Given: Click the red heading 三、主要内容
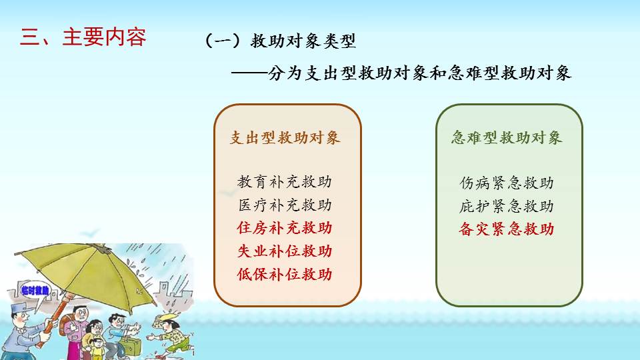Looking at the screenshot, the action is coord(83,37).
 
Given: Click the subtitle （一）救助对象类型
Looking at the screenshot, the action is coord(280,41).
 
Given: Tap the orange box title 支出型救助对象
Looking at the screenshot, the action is coord(285,137).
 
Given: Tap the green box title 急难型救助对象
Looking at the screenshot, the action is coord(507,137).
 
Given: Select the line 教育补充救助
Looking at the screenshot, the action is coord(285,181).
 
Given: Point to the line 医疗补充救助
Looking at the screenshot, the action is coord(285,205).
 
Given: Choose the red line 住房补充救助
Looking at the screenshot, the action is coord(285,228).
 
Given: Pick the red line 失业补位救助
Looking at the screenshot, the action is coord(285,251).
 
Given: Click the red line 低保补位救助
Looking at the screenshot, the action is coord(285,274).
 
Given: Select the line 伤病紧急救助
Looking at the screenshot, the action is coord(507,183).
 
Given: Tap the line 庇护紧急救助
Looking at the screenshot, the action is coord(507,206).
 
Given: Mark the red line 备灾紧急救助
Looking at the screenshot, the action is coord(507,229).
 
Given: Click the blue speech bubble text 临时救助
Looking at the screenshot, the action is coord(35,291).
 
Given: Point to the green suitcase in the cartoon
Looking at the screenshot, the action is coord(131,345).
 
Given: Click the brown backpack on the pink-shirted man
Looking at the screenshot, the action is coord(65,322).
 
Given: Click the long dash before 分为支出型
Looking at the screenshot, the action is coord(249,73).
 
